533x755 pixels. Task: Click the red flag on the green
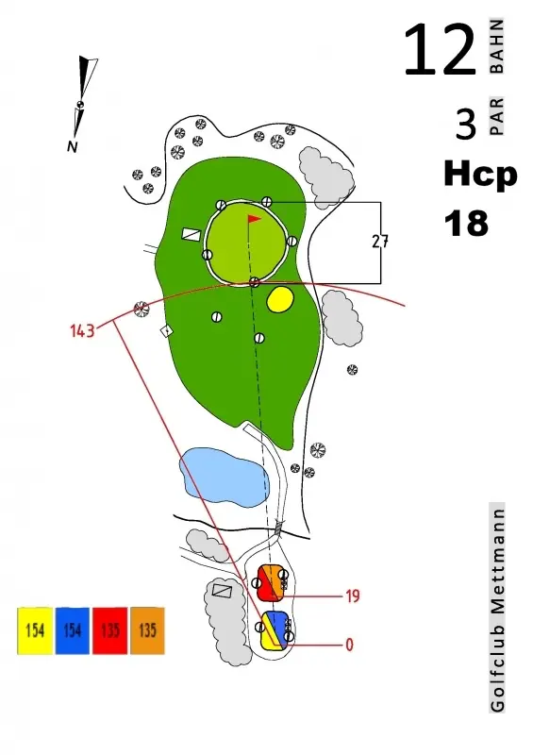[x=254, y=220]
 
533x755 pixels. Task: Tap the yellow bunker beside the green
[x=280, y=299]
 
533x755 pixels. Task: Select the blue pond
[x=225, y=478]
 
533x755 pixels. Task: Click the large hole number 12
[x=440, y=50]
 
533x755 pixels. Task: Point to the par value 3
[x=466, y=124]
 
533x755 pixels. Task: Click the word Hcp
[x=480, y=176]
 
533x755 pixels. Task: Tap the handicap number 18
[x=466, y=224]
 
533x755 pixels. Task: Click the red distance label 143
[x=82, y=331]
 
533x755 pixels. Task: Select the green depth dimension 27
[x=380, y=241]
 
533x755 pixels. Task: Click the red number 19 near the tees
[x=353, y=596]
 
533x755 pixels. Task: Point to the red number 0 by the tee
[x=350, y=645]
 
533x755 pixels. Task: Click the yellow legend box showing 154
[x=35, y=630]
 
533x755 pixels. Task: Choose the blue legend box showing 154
[x=73, y=630]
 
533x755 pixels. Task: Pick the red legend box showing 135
[x=109, y=630]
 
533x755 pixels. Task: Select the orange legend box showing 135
[x=147, y=630]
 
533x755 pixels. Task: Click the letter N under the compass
[x=73, y=146]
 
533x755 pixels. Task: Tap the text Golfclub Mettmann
[x=497, y=608]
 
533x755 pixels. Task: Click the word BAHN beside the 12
[x=496, y=46]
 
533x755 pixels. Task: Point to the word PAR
[x=496, y=116]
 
